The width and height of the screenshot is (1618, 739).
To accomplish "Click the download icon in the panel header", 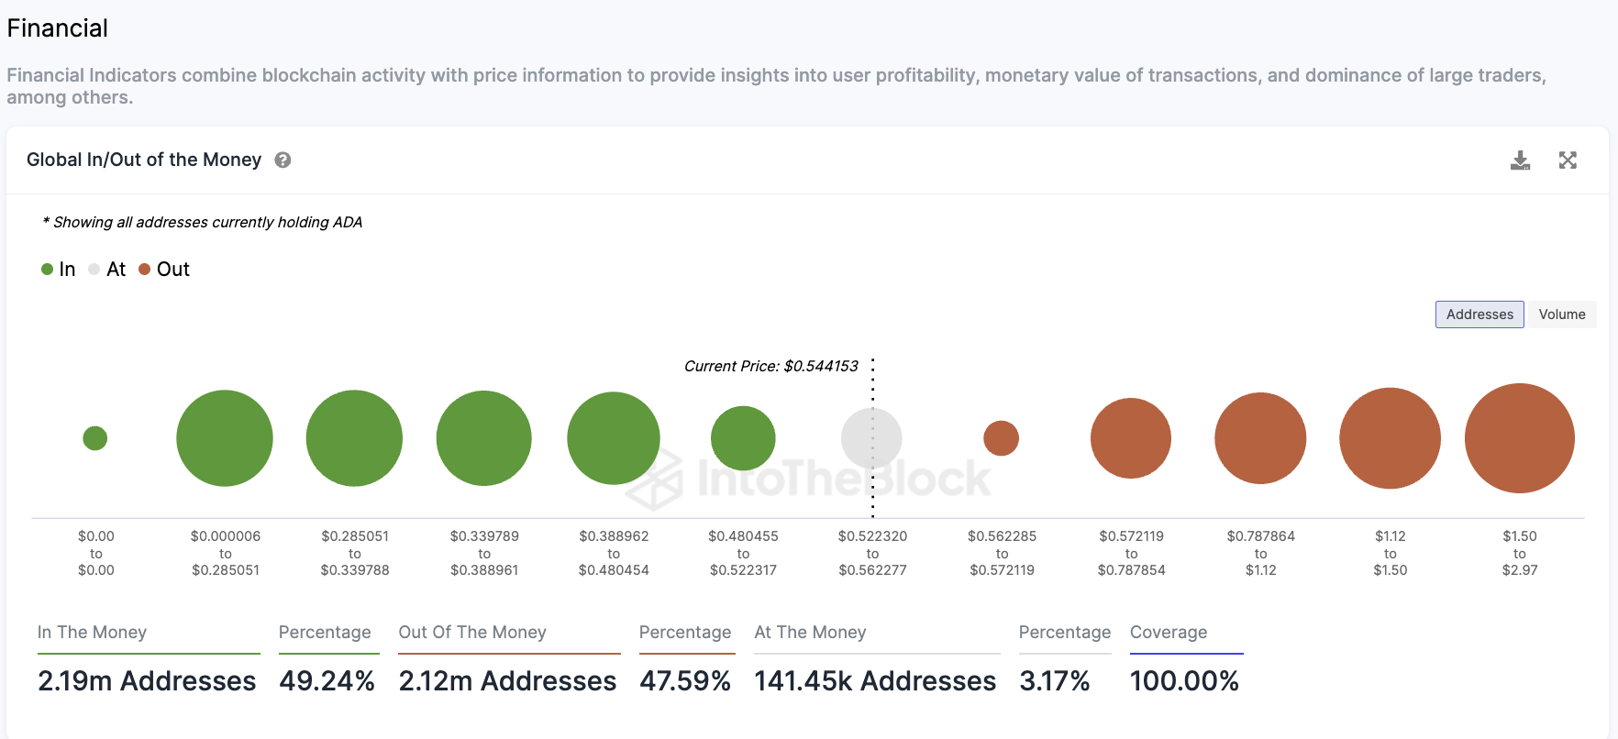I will click(x=1520, y=160).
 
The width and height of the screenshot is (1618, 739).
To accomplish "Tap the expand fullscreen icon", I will click(x=1568, y=160).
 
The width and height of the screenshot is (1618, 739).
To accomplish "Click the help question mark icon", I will click(x=283, y=160).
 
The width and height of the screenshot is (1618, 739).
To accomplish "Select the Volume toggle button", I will click(x=1561, y=314).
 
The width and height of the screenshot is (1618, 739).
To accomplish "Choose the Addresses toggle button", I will click(x=1479, y=314).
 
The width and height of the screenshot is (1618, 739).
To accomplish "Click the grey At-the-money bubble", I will click(x=871, y=438).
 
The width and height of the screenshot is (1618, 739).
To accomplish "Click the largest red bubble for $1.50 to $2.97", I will click(x=1519, y=438).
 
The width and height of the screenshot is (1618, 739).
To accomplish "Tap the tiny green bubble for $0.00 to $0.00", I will click(x=95, y=438).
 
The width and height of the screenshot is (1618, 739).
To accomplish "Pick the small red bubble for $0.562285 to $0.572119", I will click(x=1001, y=438).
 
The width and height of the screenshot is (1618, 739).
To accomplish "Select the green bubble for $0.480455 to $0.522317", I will click(x=743, y=438).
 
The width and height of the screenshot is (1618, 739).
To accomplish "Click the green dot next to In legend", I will click(x=48, y=270).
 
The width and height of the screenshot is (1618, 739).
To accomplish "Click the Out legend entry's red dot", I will click(x=144, y=270).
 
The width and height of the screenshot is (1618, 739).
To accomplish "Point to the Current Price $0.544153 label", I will click(x=770, y=366).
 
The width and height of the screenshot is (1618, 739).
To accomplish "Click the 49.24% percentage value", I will click(x=327, y=681).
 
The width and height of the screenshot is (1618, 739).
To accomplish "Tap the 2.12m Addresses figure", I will click(x=507, y=681).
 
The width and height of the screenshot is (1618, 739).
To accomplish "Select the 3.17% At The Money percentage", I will click(x=1054, y=681).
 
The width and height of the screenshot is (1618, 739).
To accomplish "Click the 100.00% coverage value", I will click(x=1184, y=681).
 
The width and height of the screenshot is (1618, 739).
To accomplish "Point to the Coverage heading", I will click(x=1169, y=633).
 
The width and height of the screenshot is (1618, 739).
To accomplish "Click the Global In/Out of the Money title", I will click(x=144, y=160).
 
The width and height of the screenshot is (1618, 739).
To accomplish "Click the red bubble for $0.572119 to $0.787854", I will click(x=1130, y=438).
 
